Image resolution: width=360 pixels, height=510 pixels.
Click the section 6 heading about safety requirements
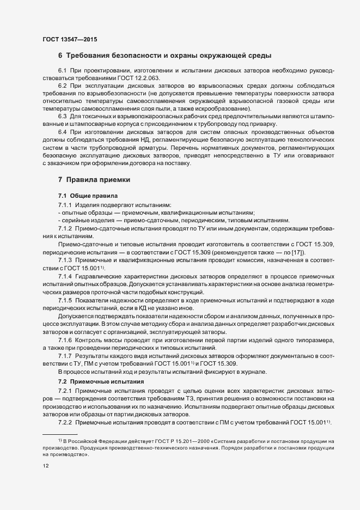(x=164, y=56)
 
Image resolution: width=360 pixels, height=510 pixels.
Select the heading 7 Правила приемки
(x=94, y=180)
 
